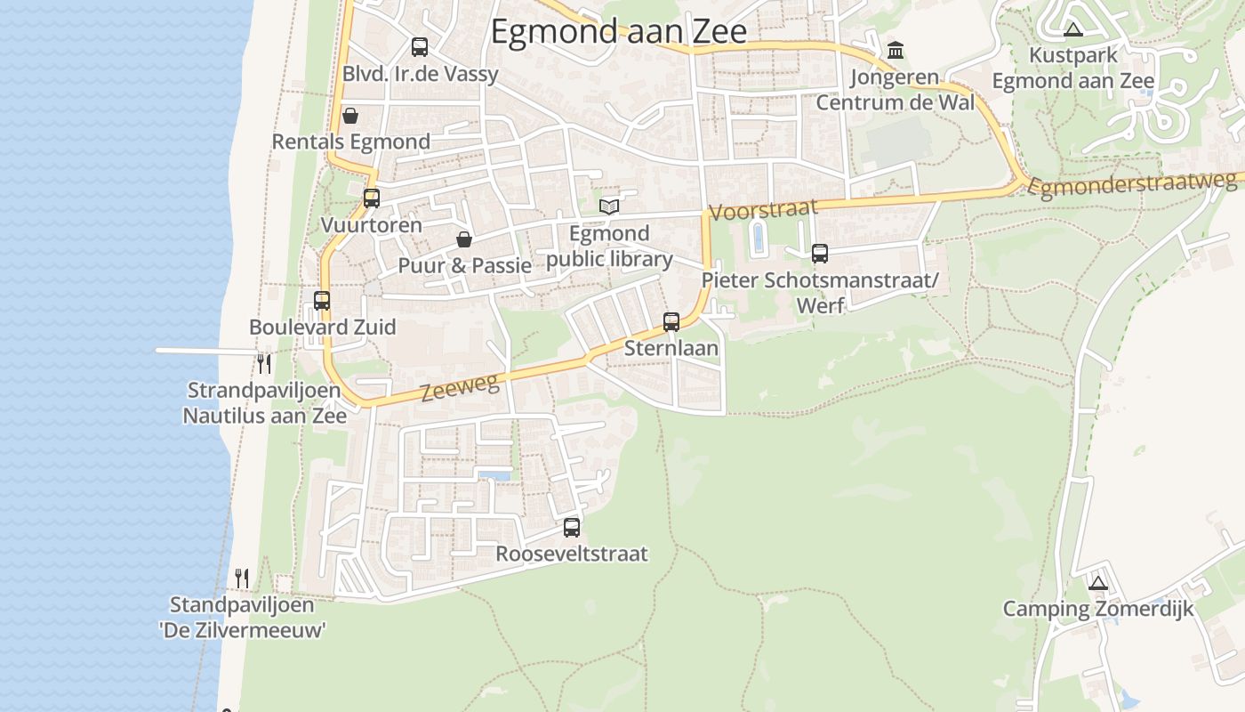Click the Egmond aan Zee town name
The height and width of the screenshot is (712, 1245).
(x=618, y=32)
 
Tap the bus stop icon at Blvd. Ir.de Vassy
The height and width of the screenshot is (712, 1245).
(x=419, y=47)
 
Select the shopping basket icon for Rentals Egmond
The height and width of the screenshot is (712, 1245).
(x=350, y=116)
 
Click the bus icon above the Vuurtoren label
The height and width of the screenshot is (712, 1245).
(x=372, y=198)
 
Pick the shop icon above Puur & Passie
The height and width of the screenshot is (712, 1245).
(x=463, y=239)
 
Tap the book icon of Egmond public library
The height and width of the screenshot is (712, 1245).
(x=608, y=206)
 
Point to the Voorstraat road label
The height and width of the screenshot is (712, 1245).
(x=762, y=210)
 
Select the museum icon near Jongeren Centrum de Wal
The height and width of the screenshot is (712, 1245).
(x=896, y=49)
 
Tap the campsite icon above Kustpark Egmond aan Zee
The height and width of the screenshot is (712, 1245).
(x=1073, y=29)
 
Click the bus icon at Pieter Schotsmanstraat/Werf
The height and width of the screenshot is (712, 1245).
(x=819, y=254)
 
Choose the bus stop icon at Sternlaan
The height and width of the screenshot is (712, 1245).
(x=671, y=322)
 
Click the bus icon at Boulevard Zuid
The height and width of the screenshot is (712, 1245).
(x=322, y=301)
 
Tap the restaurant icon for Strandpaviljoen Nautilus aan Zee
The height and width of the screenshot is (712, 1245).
(x=263, y=363)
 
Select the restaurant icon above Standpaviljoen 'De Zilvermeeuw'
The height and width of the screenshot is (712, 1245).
(x=241, y=578)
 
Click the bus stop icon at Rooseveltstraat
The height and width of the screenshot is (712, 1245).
(x=572, y=528)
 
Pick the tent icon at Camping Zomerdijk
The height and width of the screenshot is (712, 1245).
(x=1098, y=584)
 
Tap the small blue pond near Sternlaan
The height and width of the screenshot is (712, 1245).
(x=758, y=238)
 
